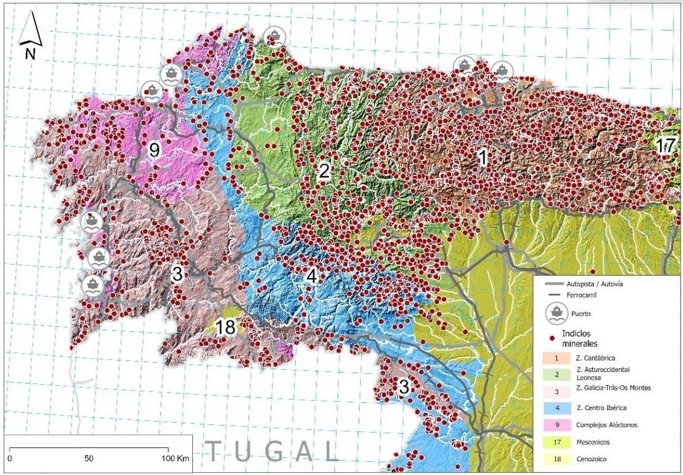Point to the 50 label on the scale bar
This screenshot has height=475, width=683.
pyautogui.click(x=89, y=459)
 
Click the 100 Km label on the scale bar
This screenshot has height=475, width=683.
pyautogui.click(x=174, y=459)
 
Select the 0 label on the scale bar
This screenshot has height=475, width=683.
pyautogui.click(x=12, y=459)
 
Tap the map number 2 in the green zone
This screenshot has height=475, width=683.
pyautogui.click(x=325, y=171)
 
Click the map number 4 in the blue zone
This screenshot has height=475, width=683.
pyautogui.click(x=311, y=276)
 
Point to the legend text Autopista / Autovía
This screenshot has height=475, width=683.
pyautogui.click(x=598, y=284)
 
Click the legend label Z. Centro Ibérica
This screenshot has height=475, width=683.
pyautogui.click(x=601, y=408)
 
